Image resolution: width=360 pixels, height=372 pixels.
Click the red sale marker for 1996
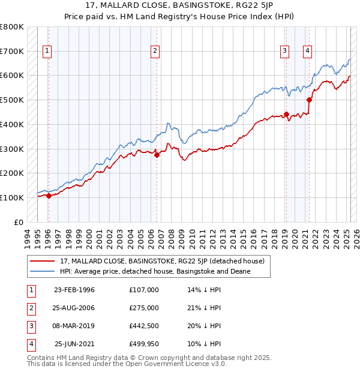point(48,196)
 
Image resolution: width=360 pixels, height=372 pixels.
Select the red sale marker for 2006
point(157,155)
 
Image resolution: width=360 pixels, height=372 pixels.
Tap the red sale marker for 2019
point(286,114)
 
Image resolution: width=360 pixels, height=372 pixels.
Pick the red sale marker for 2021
point(310,100)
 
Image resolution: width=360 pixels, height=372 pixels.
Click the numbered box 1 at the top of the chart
point(47,51)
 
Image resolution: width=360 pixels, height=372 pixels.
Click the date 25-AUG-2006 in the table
point(74,308)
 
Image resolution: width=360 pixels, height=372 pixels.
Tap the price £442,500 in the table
point(144,326)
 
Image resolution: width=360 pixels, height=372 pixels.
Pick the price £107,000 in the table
point(144,290)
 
